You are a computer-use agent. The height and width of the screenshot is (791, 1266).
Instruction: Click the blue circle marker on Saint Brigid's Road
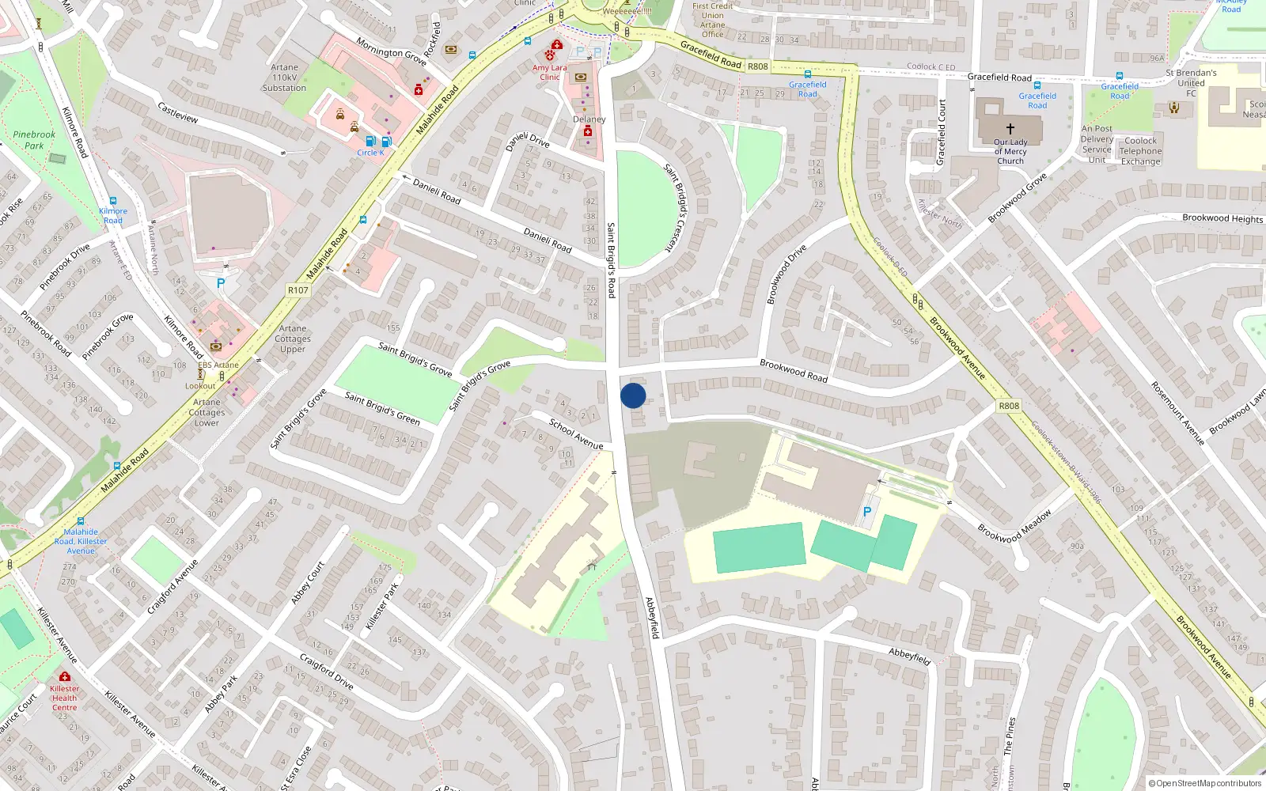click(633, 395)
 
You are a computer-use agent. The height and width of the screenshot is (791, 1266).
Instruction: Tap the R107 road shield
click(298, 290)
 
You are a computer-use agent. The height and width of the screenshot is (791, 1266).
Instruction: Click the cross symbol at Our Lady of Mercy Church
click(1010, 128)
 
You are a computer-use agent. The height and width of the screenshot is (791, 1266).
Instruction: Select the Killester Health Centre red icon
click(65, 677)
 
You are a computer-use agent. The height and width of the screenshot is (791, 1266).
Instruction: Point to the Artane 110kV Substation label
click(284, 78)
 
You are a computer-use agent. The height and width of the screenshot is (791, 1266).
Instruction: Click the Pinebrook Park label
click(34, 140)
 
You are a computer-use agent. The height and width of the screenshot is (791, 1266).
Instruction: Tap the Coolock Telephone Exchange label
click(1140, 151)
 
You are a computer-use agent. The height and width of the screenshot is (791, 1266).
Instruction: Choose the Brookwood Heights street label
click(1222, 218)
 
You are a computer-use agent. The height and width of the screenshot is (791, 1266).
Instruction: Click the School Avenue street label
click(576, 434)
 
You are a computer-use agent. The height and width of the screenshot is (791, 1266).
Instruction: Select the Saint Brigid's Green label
click(382, 408)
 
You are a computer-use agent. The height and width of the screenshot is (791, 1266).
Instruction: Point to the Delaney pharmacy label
click(589, 119)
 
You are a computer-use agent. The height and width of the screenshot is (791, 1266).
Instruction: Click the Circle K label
click(370, 153)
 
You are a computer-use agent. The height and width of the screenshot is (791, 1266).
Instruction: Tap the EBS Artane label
click(218, 365)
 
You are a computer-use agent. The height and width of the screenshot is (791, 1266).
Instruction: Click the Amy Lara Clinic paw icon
click(550, 55)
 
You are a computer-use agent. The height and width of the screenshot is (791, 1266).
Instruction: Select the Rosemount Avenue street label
click(1177, 413)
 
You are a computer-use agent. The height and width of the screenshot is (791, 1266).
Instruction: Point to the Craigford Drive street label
click(326, 671)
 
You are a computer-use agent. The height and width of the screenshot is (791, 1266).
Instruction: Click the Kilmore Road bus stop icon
click(113, 201)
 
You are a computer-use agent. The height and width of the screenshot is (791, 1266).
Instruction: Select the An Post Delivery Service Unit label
click(1097, 144)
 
